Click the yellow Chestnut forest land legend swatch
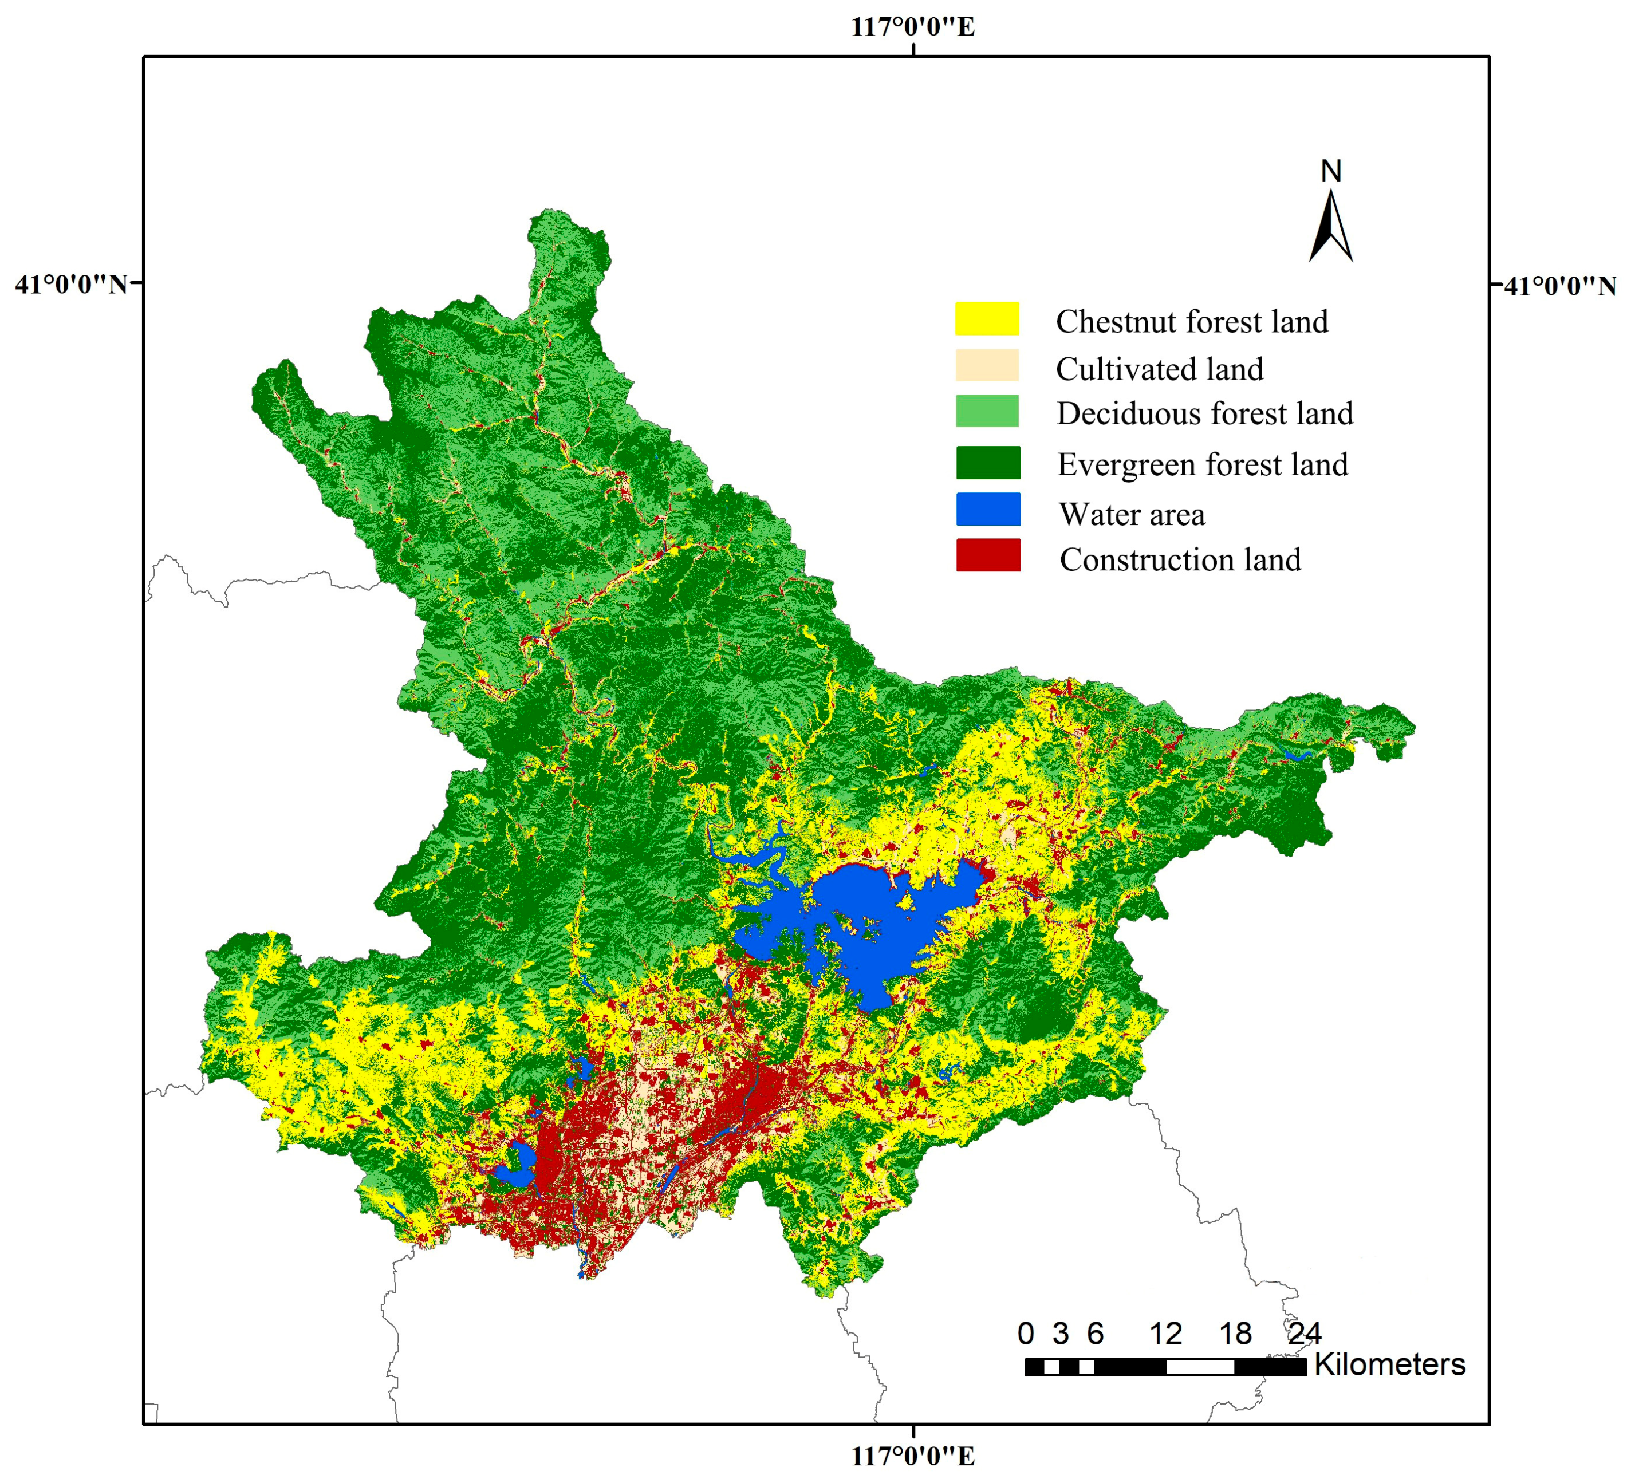pyautogui.click(x=987, y=319)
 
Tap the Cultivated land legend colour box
pyautogui.click(x=987, y=365)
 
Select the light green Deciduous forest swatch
pyautogui.click(x=987, y=411)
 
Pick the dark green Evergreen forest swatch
pyautogui.click(x=988, y=463)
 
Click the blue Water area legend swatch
pyautogui.click(x=988, y=510)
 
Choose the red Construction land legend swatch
pyautogui.click(x=988, y=555)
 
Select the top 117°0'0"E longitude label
pyautogui.click(x=913, y=27)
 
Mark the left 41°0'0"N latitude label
pyautogui.click(x=71, y=285)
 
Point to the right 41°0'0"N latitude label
pyautogui.click(x=1560, y=286)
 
